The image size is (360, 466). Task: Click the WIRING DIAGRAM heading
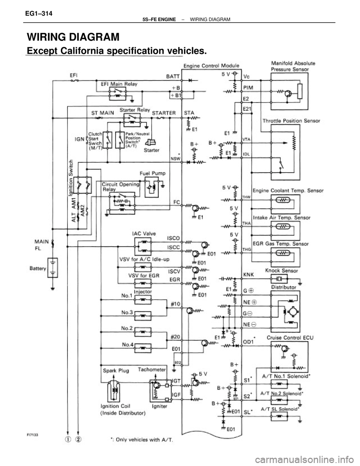73,38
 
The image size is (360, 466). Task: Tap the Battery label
37,269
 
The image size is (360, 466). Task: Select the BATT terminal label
173,76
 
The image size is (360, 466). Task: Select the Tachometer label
154,370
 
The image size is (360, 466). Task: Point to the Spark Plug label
117,370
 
